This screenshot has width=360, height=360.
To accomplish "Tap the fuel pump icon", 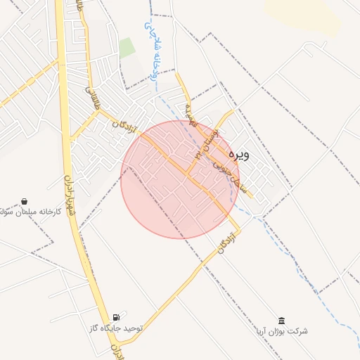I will coord(116,316).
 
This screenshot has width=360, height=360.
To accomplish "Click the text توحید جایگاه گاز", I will coord(116,328).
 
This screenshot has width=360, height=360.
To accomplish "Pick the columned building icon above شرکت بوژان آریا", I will coord(281,320).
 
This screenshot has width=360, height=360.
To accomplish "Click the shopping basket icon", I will coord(25,200).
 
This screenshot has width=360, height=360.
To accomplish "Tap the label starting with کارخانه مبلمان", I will coord(21,211).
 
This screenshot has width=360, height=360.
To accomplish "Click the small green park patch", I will coord(127,47).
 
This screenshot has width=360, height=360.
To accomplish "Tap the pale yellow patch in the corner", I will coord(309,11).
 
